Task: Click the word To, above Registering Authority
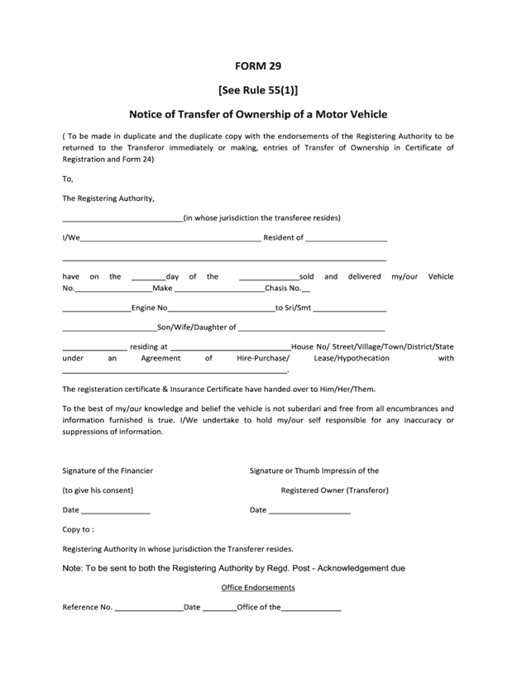[x=68, y=178]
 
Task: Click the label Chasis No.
[x=283, y=289]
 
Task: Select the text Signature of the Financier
[x=108, y=471]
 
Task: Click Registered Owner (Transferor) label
[x=334, y=490]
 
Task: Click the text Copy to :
[x=78, y=529]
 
